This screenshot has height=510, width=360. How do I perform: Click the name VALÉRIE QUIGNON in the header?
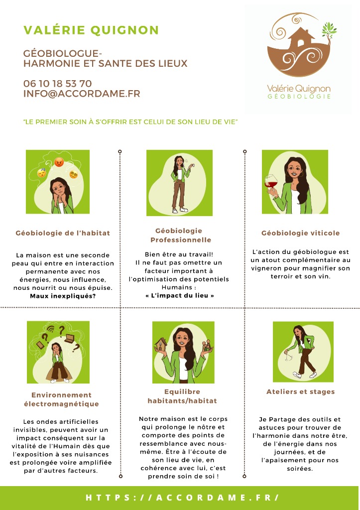[x=91, y=30]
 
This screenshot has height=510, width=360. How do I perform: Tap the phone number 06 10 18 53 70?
[x=58, y=84]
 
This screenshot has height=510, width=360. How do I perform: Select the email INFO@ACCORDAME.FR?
[x=82, y=94]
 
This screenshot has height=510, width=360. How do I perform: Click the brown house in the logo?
[x=301, y=37]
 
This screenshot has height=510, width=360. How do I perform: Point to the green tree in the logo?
[x=329, y=30]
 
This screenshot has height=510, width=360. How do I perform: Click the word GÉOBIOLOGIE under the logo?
[x=299, y=96]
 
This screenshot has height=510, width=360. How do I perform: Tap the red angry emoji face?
[x=59, y=162]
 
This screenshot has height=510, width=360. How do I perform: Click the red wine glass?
[x=271, y=184]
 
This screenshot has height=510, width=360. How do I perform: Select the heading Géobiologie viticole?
[x=300, y=233]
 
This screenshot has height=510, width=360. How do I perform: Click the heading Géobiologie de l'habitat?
[x=63, y=233]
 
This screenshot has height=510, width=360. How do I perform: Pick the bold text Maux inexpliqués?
[x=63, y=296]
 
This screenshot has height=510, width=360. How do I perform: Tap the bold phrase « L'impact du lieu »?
[x=180, y=295]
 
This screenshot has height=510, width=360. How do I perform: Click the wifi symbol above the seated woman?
[x=50, y=329]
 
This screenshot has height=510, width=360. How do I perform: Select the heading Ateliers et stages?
[x=300, y=391]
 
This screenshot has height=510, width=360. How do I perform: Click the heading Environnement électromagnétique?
[x=61, y=399]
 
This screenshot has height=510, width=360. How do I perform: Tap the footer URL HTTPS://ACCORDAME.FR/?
[x=182, y=498]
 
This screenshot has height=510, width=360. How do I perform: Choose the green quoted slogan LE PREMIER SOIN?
[x=130, y=122]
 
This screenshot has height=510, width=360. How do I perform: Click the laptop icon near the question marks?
[x=69, y=339]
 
